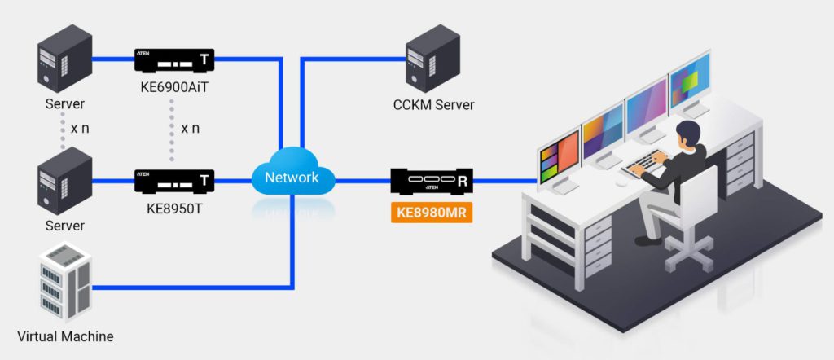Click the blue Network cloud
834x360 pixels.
pyautogui.click(x=292, y=177)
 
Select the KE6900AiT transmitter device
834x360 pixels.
pyautogui.click(x=174, y=61)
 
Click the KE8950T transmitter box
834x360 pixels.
pyautogui.click(x=174, y=180)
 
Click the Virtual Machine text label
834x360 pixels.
pyautogui.click(x=65, y=336)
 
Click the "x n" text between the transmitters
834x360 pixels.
pyautogui.click(x=190, y=128)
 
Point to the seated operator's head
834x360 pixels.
pyautogui.click(x=688, y=133)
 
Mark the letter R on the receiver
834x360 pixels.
pyautogui.click(x=463, y=181)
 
